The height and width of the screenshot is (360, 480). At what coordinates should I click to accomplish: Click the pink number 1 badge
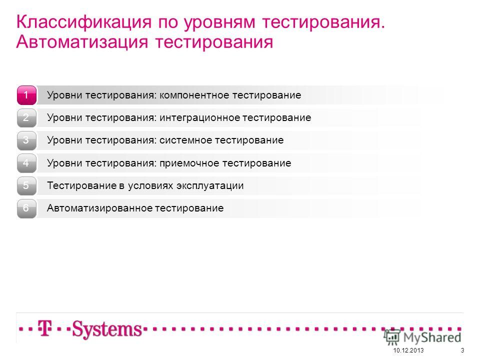[x=26, y=95]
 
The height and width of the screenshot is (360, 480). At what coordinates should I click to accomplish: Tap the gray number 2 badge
[x=26, y=118]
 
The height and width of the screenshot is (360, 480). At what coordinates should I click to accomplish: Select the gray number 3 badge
[x=26, y=140]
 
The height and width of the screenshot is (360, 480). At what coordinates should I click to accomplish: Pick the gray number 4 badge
[x=26, y=163]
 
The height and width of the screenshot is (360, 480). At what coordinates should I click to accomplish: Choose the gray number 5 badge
[x=26, y=186]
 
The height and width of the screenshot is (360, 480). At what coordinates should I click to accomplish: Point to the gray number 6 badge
[x=26, y=208]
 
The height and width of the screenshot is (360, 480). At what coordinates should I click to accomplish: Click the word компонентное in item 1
[x=194, y=95]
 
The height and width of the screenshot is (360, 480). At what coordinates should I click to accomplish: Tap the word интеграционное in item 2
[x=199, y=118]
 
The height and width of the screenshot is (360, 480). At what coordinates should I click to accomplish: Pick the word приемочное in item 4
[x=189, y=163]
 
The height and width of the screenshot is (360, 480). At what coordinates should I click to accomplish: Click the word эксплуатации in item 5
[x=210, y=186]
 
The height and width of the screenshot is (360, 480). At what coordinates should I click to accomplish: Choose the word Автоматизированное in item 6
[x=99, y=208]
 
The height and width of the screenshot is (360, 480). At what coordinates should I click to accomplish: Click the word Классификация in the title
[x=84, y=22]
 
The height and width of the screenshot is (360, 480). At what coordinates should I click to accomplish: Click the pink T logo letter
[x=44, y=328]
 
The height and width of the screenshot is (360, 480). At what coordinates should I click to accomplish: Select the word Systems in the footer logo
[x=107, y=329]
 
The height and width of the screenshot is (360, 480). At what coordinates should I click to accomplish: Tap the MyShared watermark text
[x=432, y=337]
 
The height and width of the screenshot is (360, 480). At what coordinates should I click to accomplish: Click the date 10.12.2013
[x=408, y=350]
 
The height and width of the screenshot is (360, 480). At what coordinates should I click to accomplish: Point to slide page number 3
[x=462, y=350]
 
